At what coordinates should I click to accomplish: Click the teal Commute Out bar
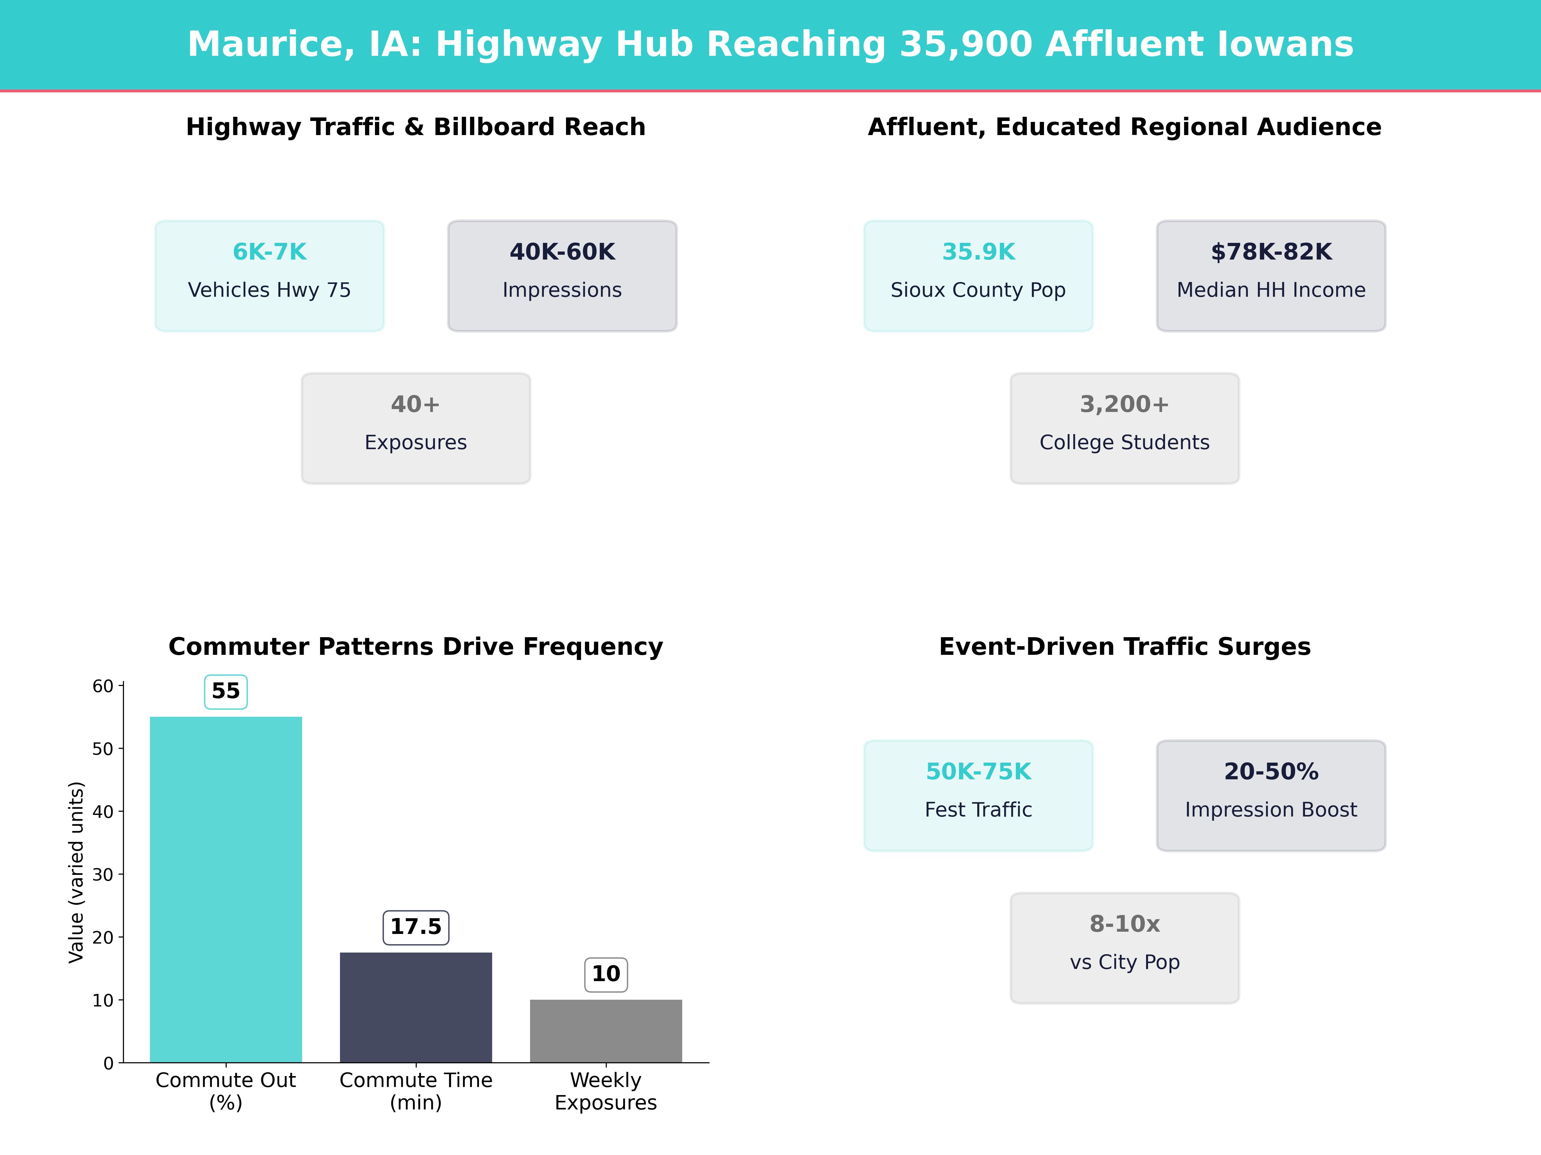[x=226, y=889]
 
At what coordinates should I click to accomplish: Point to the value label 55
[x=226, y=691]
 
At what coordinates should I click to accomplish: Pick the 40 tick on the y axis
[x=102, y=812]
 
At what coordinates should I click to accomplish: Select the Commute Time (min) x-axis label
[x=416, y=1091]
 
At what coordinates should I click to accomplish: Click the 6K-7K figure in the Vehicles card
[x=270, y=252]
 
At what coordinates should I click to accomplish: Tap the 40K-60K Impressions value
[x=562, y=252]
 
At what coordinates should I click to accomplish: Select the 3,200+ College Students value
[x=1124, y=405]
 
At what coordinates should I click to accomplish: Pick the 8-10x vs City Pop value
[x=1124, y=924]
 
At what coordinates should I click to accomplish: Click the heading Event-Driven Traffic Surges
[x=1124, y=647]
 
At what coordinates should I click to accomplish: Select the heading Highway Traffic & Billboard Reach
[x=416, y=127]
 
